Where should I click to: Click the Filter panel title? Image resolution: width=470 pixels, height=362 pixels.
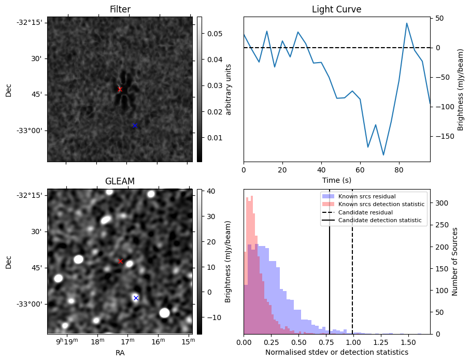coord(120,9)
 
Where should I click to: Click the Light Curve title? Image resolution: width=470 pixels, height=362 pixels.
coord(336,9)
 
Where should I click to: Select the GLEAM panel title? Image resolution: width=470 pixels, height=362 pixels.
coord(120,181)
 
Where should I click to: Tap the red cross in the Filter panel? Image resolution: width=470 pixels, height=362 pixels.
coord(120,89)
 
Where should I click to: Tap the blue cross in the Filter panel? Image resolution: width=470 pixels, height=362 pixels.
coord(135,125)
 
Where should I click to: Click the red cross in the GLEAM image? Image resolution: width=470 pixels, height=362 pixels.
coord(121,261)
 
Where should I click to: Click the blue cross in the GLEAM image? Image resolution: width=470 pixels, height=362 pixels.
coord(136,298)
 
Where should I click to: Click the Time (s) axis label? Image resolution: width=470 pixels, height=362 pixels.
coord(336,180)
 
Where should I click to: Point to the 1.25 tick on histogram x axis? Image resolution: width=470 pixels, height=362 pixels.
coord(381,342)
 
